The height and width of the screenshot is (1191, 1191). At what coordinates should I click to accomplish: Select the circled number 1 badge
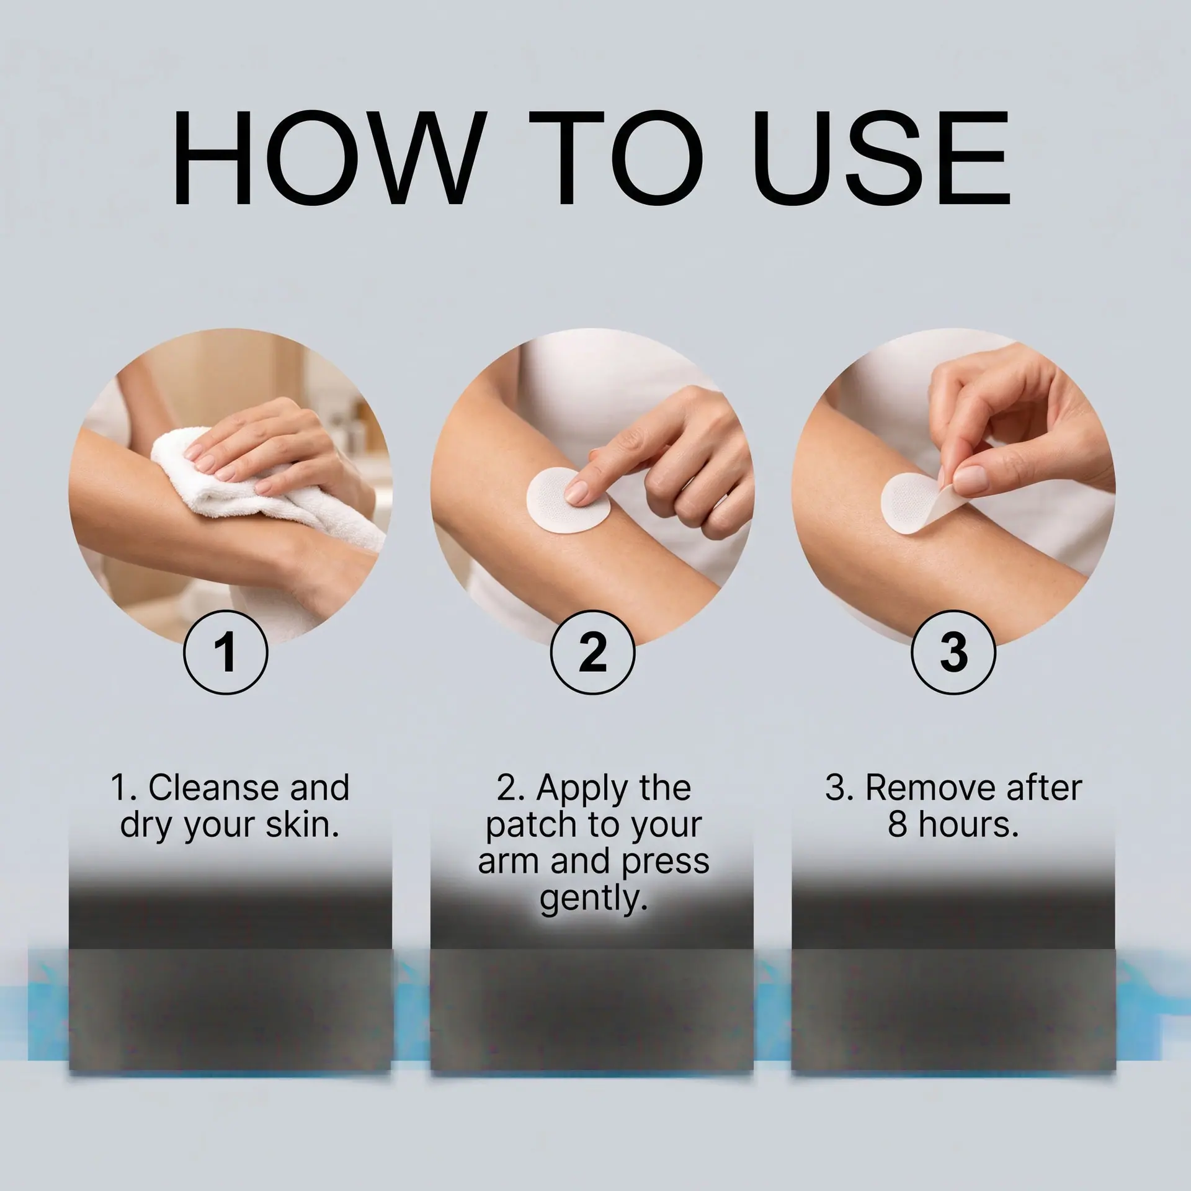(226, 653)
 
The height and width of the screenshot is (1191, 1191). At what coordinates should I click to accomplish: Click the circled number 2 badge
(592, 653)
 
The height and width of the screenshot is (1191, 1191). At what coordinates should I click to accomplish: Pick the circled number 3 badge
(953, 653)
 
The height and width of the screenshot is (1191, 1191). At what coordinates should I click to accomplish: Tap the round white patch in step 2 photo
(566, 500)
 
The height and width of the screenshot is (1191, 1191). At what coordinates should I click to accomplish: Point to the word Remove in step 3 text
(930, 788)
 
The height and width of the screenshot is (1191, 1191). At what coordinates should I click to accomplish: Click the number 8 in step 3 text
(897, 825)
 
